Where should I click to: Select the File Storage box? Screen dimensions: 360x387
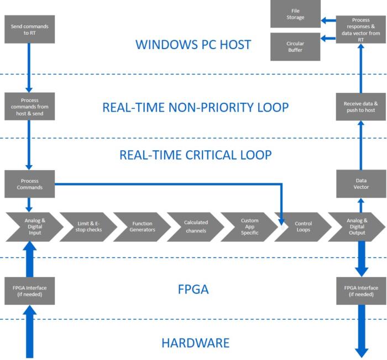pyautogui.click(x=295, y=14)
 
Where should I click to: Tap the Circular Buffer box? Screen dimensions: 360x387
pyautogui.click(x=295, y=46)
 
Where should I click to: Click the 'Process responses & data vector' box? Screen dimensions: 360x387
pyautogui.click(x=360, y=30)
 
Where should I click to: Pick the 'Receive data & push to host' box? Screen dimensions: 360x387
pyautogui.click(x=360, y=106)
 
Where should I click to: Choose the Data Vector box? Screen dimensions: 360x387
pyautogui.click(x=360, y=183)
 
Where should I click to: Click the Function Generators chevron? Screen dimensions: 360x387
pyautogui.click(x=142, y=226)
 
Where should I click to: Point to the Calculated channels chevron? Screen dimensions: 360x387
pyautogui.click(x=195, y=226)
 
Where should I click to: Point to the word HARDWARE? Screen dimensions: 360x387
pyautogui.click(x=195, y=343)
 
